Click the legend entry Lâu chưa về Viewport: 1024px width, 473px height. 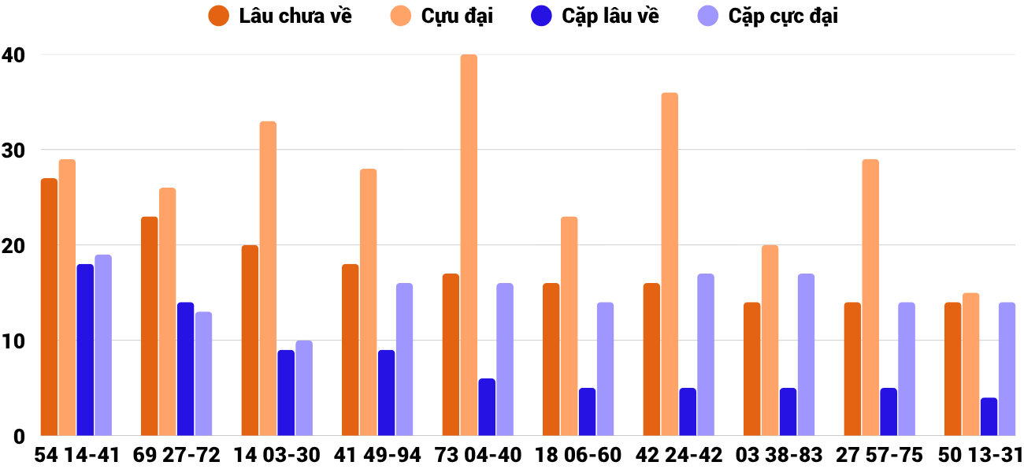280,16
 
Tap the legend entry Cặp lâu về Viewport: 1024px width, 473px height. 595,16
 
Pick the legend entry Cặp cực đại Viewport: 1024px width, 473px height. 768,16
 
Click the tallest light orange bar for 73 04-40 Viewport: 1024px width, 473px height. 469,245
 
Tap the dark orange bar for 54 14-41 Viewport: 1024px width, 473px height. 49,307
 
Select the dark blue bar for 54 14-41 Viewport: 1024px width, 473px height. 85,350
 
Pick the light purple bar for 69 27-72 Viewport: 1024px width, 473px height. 203,374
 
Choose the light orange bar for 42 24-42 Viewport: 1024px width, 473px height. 670,264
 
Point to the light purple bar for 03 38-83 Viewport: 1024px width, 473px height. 806,355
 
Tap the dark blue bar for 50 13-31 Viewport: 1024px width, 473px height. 989,417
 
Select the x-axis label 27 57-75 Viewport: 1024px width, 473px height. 879,456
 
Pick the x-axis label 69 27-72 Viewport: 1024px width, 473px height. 176,456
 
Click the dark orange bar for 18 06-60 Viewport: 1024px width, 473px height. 551,359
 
